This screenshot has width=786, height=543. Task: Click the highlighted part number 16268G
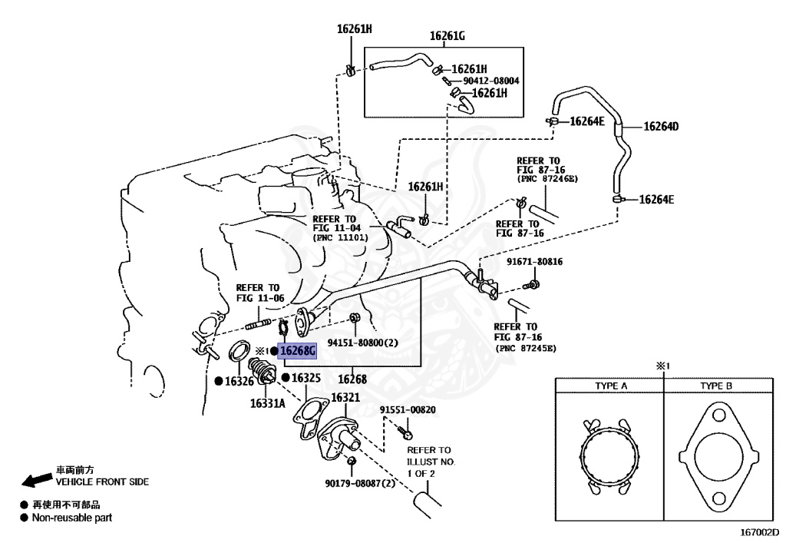pos(298,352)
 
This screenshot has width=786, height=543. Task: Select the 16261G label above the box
pos(448,35)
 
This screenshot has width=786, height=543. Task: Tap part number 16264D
pos(661,127)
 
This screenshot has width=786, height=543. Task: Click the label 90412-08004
pos(491,81)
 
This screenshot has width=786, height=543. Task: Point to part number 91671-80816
pos(534,262)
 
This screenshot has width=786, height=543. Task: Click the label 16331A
pos(267,402)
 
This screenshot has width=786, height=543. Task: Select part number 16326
pos(239,381)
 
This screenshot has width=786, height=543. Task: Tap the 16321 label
pos(345,397)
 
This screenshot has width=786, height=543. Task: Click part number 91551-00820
pos(408,410)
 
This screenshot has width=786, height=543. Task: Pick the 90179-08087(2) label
pos(359,484)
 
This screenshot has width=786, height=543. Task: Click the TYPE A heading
pos(611,386)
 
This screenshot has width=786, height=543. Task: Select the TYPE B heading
pos(717,386)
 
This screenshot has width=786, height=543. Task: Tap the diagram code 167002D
pos(759,531)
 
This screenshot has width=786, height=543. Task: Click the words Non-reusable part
pos(71,518)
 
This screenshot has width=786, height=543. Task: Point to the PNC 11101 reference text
pos(340,238)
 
